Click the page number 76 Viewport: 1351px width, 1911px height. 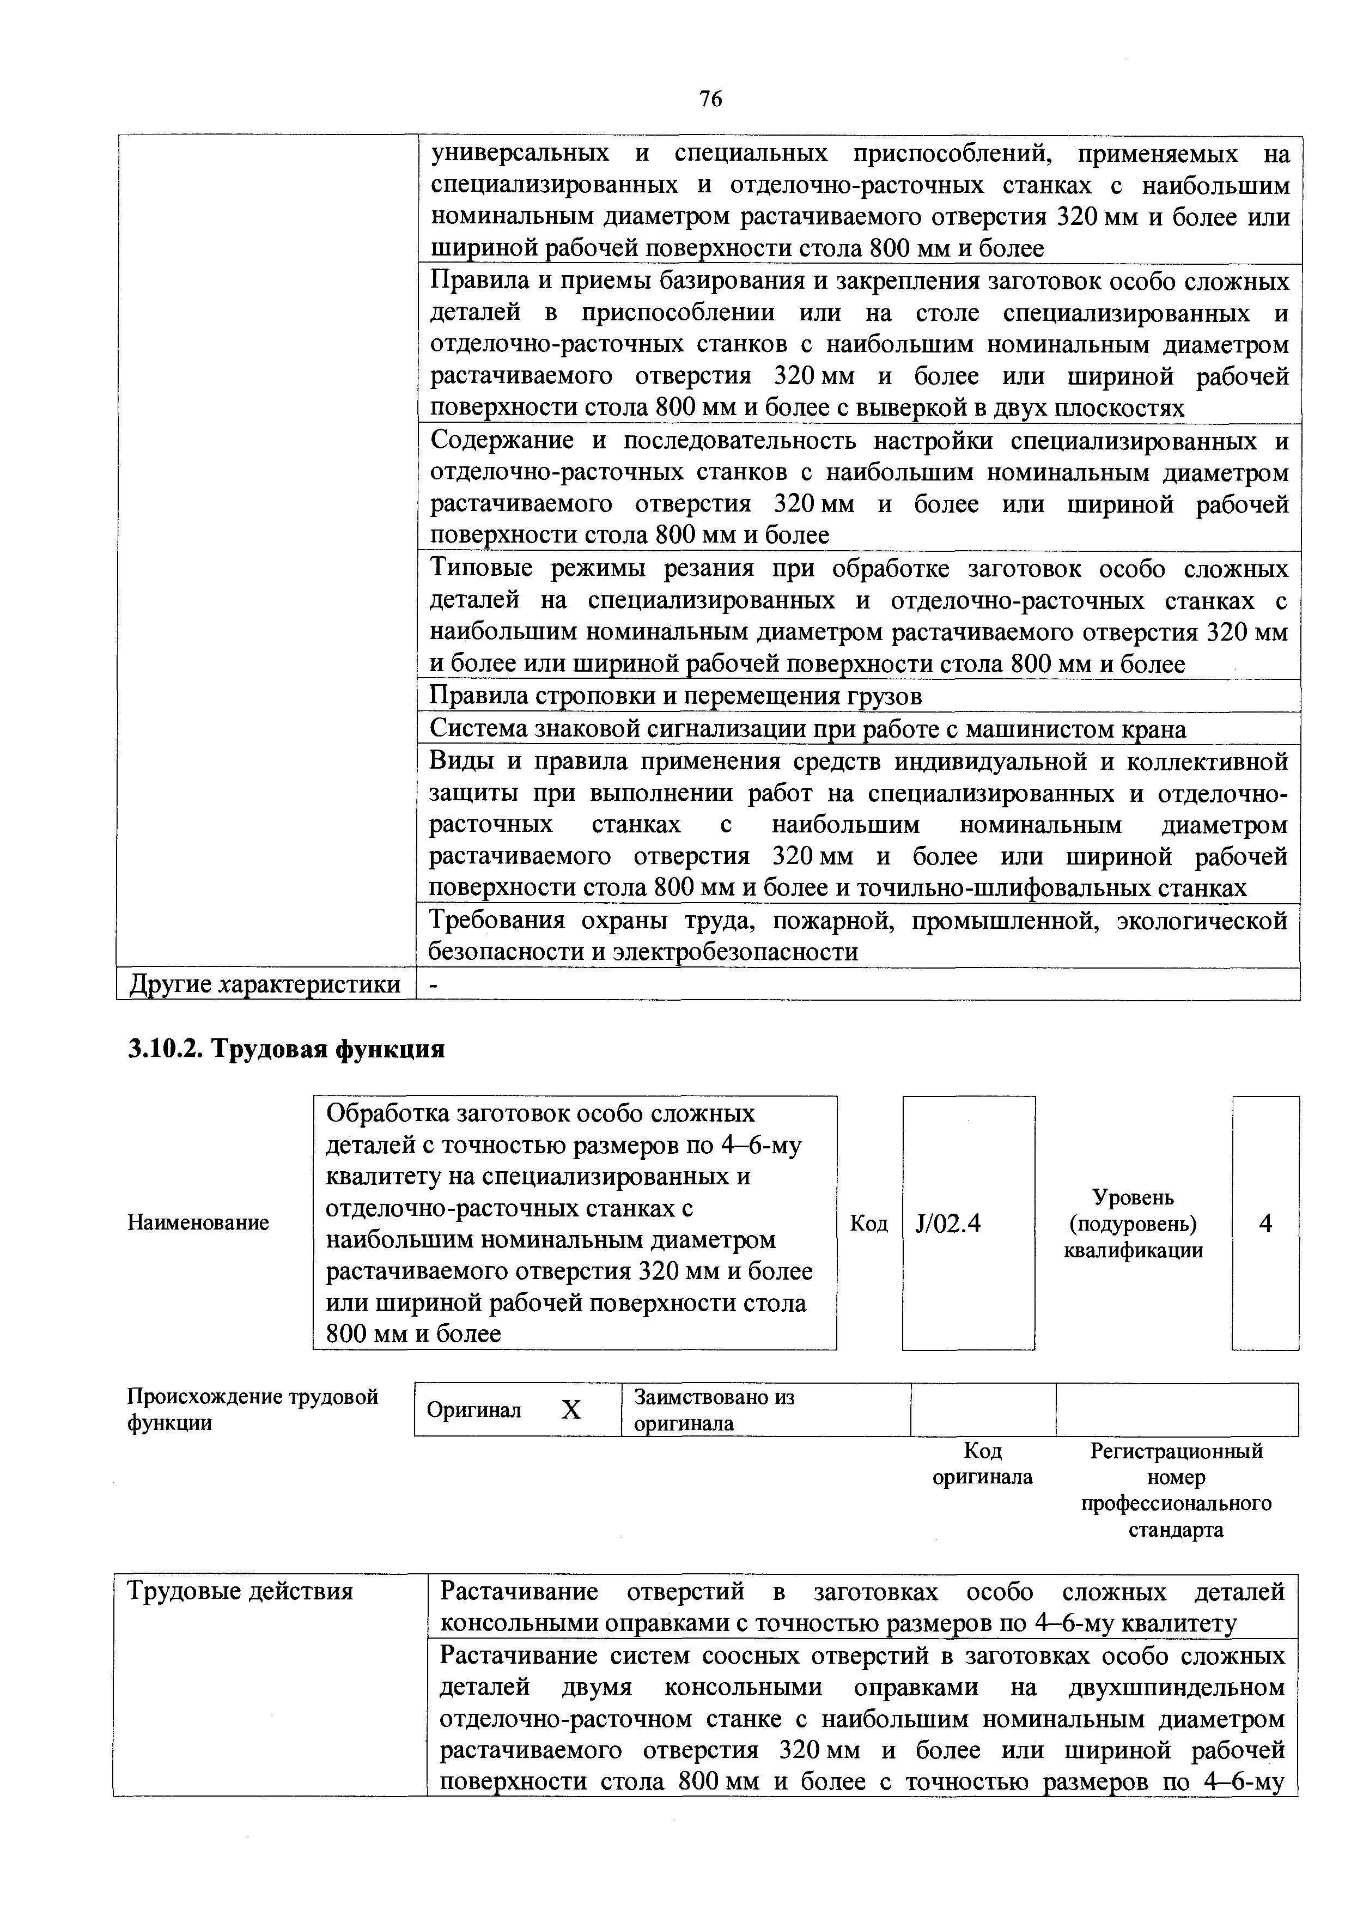[x=710, y=100]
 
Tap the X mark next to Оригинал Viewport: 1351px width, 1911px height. [x=570, y=1410]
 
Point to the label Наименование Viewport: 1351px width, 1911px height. [x=198, y=1222]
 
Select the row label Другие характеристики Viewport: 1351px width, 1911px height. [x=265, y=984]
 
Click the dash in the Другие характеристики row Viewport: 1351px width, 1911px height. [x=433, y=984]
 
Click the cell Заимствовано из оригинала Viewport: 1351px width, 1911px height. [x=714, y=1410]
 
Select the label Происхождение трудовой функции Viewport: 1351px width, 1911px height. [x=252, y=1409]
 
